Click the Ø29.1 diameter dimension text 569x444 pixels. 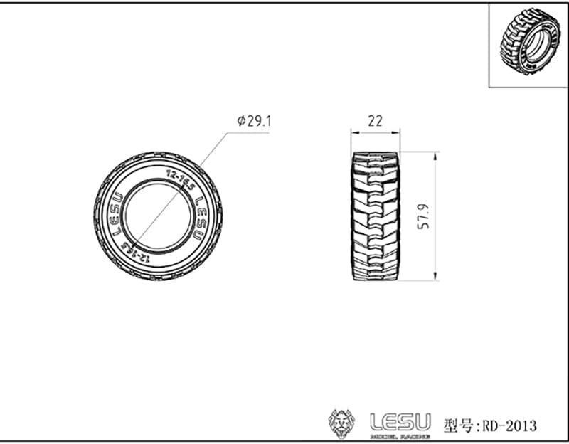[x=254, y=122]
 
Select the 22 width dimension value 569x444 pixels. [x=375, y=121]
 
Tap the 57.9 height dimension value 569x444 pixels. [x=424, y=216]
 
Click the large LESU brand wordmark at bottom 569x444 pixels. [x=400, y=420]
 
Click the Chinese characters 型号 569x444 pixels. [x=456, y=425]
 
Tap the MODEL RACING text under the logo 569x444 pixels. [x=400, y=435]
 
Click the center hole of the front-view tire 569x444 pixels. [x=157, y=216]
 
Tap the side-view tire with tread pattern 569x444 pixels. [x=376, y=216]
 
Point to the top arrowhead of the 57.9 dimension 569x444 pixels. [x=433, y=155]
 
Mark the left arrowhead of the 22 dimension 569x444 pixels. [x=353, y=132]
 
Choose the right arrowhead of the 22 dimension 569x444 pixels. [x=397, y=132]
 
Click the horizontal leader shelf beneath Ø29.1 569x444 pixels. [x=248, y=133]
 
